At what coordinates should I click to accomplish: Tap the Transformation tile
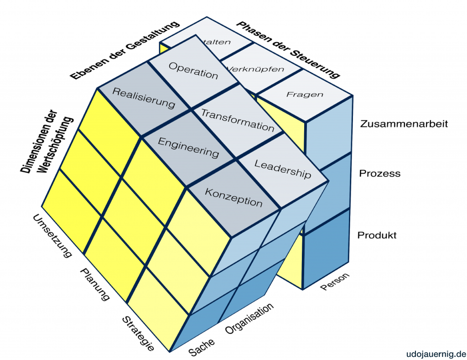[238, 120]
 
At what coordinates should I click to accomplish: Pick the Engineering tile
[188, 147]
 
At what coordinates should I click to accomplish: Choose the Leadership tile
[282, 169]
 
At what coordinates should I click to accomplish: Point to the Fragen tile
[305, 95]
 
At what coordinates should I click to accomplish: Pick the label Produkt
[377, 235]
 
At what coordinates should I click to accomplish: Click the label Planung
[95, 284]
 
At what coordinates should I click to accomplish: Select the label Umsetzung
[52, 236]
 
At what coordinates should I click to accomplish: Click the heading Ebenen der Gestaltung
[125, 51]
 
